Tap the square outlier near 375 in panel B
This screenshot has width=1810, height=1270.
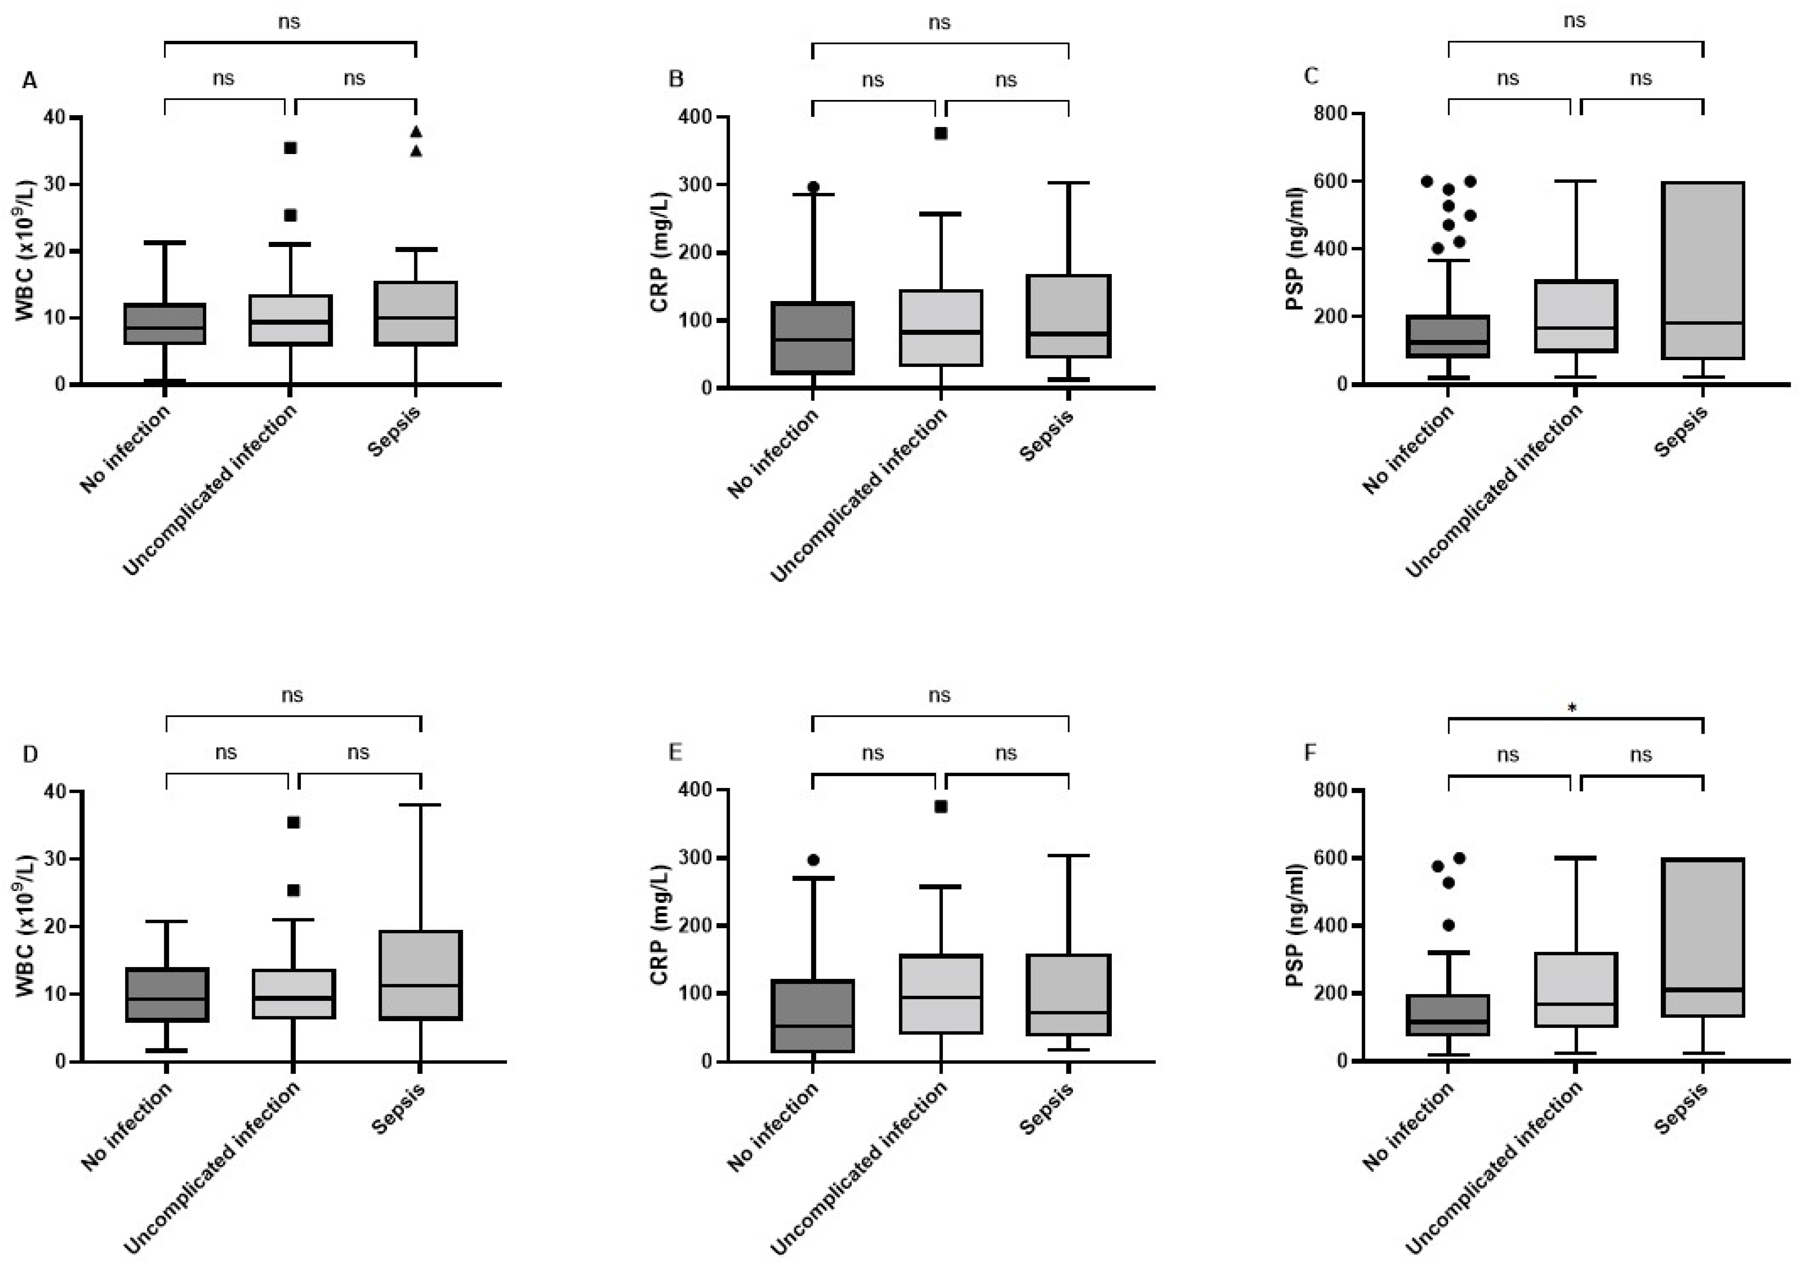pyautogui.click(x=940, y=133)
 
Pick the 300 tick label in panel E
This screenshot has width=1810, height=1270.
pyautogui.click(x=694, y=858)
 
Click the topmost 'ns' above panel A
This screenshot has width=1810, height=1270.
pyautogui.click(x=289, y=22)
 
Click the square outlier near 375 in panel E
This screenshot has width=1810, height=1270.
pyautogui.click(x=940, y=806)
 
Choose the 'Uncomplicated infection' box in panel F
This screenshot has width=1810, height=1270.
pyautogui.click(x=1575, y=990)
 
